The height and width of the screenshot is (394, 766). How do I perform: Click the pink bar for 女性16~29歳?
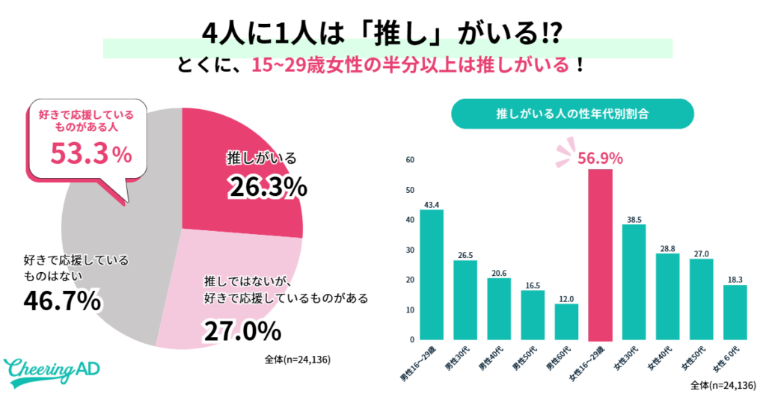[601, 254]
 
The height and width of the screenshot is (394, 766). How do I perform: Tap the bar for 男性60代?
[566, 321]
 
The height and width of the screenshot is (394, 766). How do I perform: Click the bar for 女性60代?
[735, 313]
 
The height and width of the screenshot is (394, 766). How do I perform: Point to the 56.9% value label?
[601, 158]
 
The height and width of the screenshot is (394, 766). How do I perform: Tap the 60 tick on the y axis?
[410, 160]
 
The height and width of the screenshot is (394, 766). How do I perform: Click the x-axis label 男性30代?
[466, 359]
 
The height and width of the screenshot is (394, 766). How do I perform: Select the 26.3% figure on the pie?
[267, 186]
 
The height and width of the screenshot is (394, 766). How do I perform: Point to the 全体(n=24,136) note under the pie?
[298, 360]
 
